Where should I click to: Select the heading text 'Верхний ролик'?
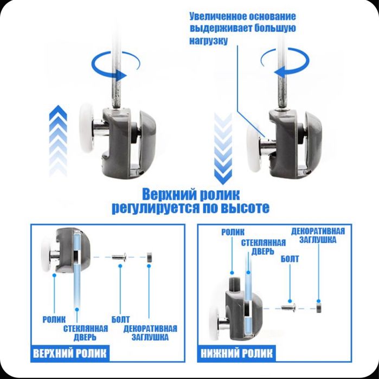click(x=190, y=194)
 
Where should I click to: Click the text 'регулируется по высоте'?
click(x=190, y=208)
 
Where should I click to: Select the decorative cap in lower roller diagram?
click(x=319, y=308)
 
